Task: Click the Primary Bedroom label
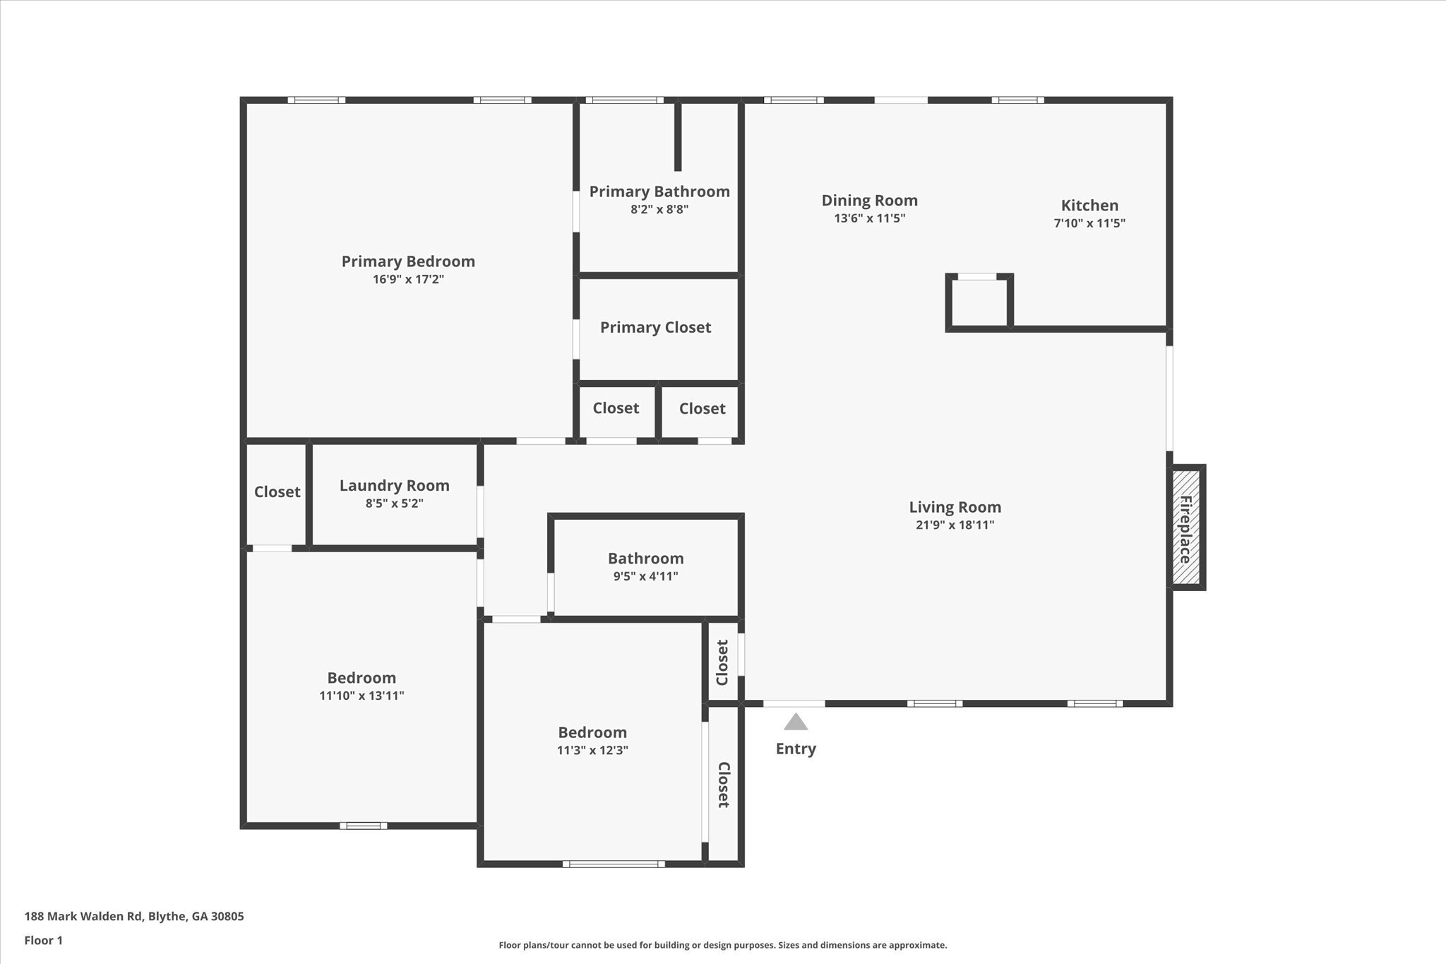[408, 261]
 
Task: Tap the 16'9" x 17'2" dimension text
[408, 280]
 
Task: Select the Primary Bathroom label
[659, 191]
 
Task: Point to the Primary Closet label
[655, 327]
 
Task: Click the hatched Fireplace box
[1186, 528]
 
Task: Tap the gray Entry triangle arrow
[796, 722]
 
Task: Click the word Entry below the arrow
[796, 749]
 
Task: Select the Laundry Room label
[394, 485]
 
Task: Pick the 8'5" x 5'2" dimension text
[394, 504]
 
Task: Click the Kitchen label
[1089, 206]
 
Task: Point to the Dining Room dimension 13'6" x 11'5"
[869, 218]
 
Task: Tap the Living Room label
[955, 507]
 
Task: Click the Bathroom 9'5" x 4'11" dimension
[645, 576]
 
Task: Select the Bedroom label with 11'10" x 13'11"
[361, 678]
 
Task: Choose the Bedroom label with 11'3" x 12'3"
[592, 732]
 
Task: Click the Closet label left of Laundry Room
[277, 492]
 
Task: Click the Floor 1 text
[44, 941]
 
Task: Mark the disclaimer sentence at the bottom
[722, 945]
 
